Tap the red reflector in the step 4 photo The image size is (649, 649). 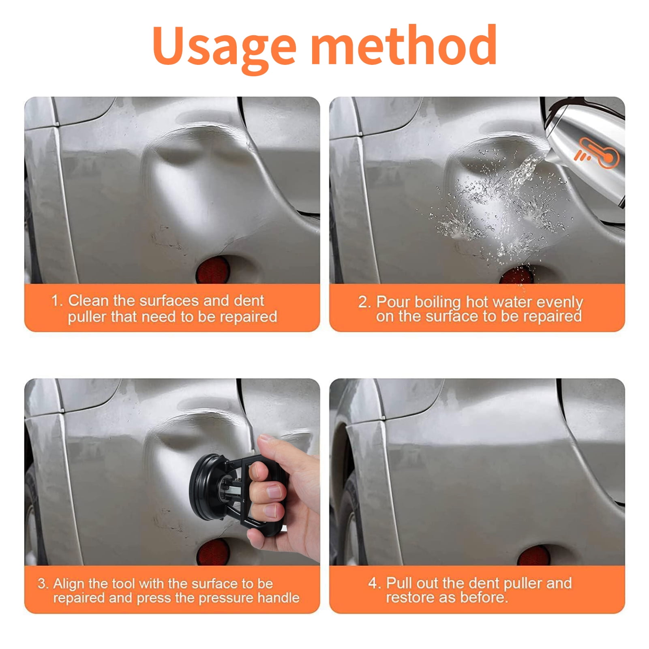[533, 555]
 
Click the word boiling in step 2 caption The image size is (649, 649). [437, 302]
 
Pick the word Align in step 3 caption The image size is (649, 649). [69, 583]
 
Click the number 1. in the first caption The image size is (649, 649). [57, 301]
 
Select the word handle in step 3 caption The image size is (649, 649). [278, 598]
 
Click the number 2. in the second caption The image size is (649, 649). [364, 302]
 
